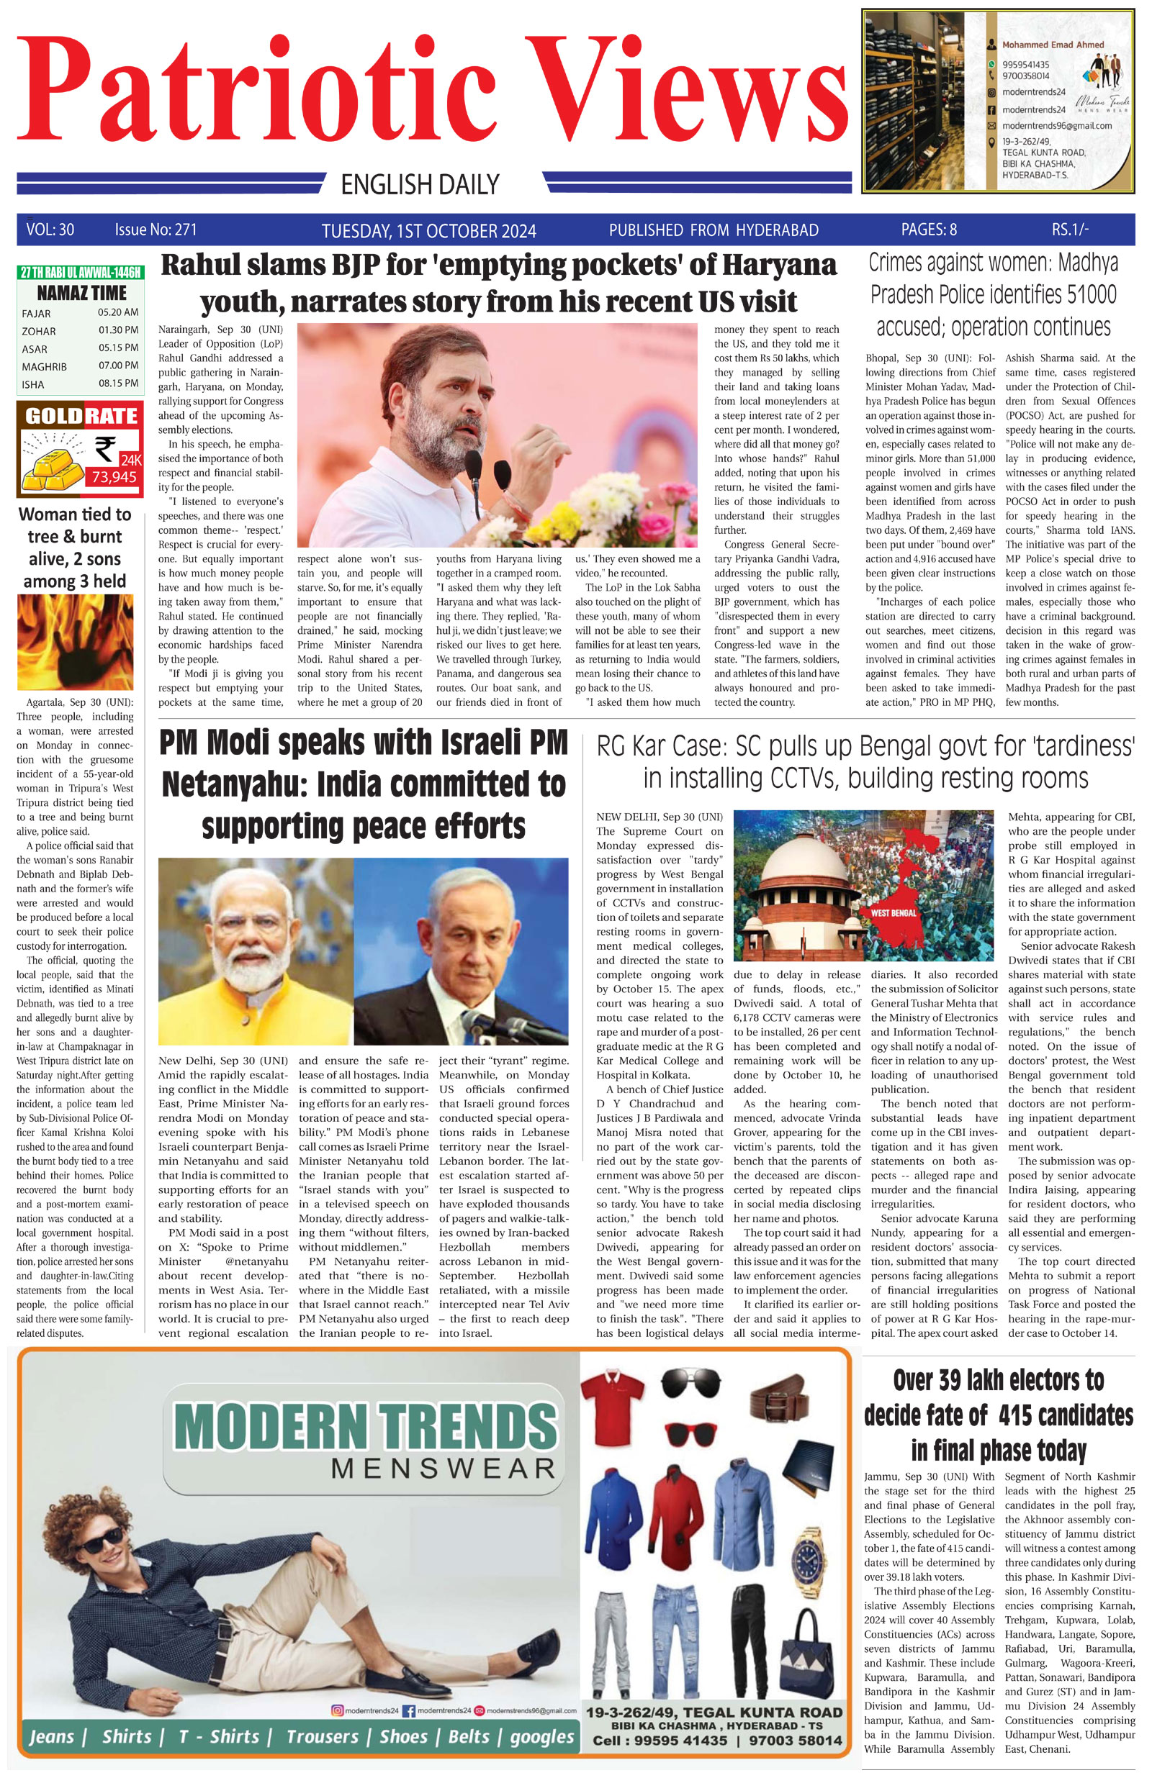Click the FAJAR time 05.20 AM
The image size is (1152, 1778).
pos(117,312)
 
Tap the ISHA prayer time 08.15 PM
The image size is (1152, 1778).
pos(117,384)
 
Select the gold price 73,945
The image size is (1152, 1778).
pos(114,476)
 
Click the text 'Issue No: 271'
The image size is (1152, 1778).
pos(156,230)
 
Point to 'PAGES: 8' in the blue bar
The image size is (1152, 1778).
pos(929,230)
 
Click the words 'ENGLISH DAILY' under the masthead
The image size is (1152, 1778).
pos(419,183)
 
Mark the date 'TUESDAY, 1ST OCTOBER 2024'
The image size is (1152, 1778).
pos(428,231)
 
